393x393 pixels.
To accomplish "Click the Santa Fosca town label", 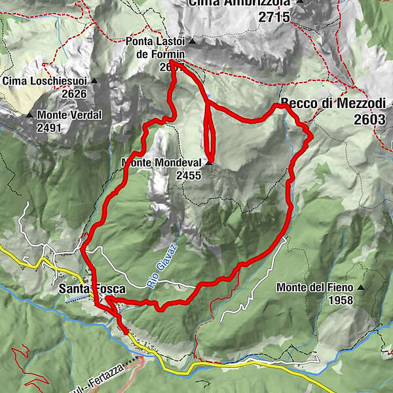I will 83,288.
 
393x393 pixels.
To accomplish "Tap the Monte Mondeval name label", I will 160,163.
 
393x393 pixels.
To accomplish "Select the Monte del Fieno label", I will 314,288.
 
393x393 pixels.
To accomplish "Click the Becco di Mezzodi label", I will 333,103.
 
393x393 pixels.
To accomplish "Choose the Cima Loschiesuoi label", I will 45,81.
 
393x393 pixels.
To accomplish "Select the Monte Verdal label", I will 70,115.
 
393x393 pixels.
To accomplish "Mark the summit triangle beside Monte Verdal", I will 29,116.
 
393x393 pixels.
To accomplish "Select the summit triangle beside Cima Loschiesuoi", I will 94,81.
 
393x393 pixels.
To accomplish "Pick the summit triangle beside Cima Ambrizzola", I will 300,2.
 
